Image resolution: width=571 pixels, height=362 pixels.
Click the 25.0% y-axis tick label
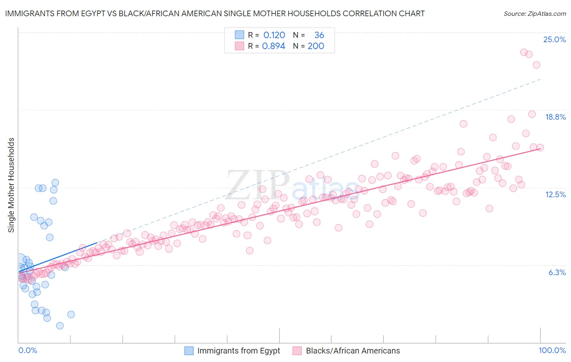[554, 39]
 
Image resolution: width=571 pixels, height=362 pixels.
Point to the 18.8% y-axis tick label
[555, 117]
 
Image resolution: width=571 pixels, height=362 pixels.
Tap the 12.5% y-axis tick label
[555, 194]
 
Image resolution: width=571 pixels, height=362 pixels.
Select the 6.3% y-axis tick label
[557, 272]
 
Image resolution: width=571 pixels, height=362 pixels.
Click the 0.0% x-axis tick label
[28, 350]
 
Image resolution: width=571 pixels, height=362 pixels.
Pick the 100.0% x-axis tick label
[552, 350]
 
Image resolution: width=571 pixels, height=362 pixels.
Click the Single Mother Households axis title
[11, 185]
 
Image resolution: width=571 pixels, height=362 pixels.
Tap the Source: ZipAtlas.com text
[534, 13]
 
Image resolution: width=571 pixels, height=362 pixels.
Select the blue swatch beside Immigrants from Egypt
[189, 351]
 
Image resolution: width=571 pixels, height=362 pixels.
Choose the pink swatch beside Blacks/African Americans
[297, 351]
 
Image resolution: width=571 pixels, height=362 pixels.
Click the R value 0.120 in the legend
[274, 35]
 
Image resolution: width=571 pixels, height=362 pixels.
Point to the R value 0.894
[273, 46]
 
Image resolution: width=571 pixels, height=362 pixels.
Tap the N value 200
[316, 46]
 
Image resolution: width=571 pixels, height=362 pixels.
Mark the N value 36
[319, 35]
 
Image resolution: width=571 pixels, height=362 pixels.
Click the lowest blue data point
[60, 325]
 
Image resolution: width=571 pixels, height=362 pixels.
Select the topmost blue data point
[55, 183]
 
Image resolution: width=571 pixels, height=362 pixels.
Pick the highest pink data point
[524, 52]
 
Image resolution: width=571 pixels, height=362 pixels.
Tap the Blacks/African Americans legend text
[353, 351]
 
